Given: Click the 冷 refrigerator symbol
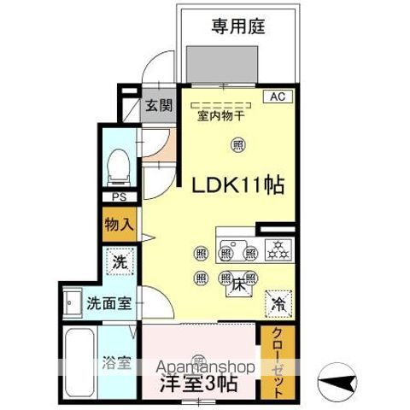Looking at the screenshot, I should pyautogui.click(x=278, y=302).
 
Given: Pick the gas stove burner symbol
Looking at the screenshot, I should pyautogui.click(x=277, y=250).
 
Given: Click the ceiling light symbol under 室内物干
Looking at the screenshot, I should pyautogui.click(x=237, y=145).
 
